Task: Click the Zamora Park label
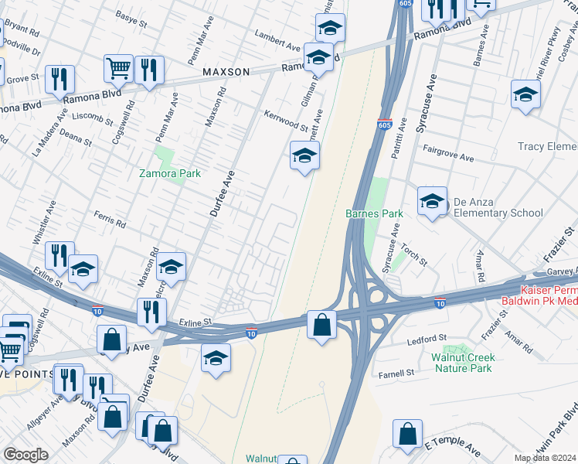[x=170, y=173]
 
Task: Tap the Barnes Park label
[x=364, y=213]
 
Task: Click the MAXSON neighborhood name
[x=226, y=72]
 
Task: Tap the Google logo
[x=25, y=455]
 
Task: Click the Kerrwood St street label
[x=286, y=121]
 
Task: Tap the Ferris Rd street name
[x=110, y=223]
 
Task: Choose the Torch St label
[x=413, y=257]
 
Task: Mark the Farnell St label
[x=396, y=372]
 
